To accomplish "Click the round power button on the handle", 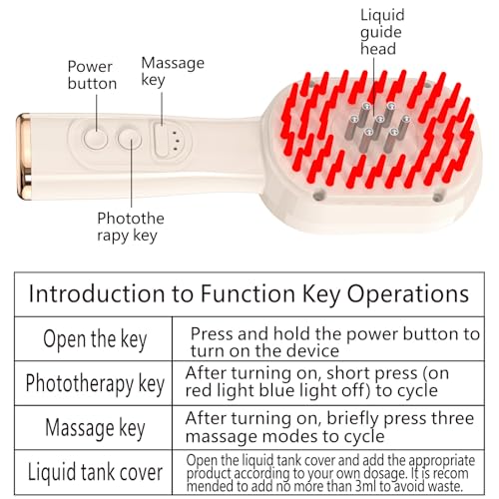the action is click(96, 139).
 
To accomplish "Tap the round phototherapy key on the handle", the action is click(130, 140).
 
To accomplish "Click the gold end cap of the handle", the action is click(24, 157).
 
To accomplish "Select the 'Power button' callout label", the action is click(92, 75).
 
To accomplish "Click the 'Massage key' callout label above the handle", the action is click(173, 71).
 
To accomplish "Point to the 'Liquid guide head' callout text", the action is click(382, 32).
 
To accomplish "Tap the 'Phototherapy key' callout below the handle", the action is click(131, 227).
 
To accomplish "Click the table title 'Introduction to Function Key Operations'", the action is click(249, 293).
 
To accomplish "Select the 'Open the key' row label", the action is click(95, 339).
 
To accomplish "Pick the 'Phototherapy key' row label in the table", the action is click(95, 383).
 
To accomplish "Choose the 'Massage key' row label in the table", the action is click(95, 428).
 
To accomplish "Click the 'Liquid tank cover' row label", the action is click(95, 472).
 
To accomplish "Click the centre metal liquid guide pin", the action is click(377, 128).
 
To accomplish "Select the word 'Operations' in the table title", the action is click(408, 294).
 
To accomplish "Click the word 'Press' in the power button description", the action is click(213, 333).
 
